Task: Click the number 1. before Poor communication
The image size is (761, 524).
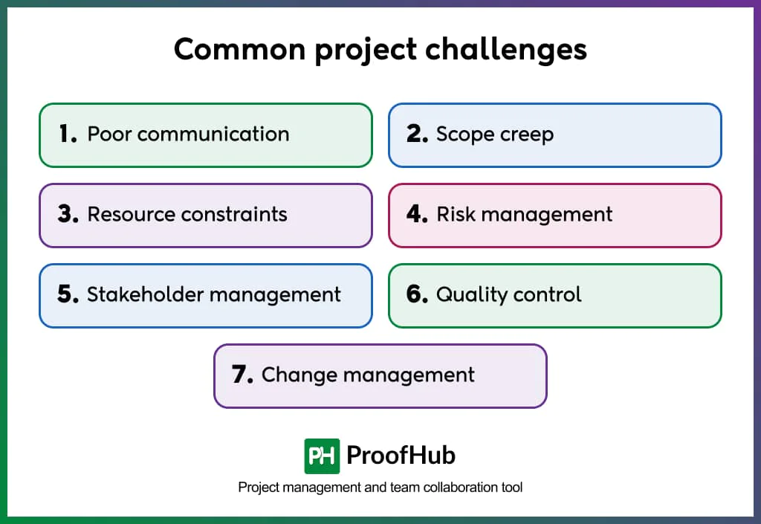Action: [68, 134]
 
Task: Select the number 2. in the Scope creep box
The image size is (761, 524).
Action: [417, 134]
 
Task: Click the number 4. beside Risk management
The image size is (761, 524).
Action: [417, 214]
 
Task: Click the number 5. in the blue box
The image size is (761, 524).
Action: [68, 294]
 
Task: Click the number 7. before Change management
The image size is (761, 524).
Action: [242, 375]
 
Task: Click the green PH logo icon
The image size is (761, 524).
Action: [322, 456]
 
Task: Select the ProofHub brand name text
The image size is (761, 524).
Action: [401, 455]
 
